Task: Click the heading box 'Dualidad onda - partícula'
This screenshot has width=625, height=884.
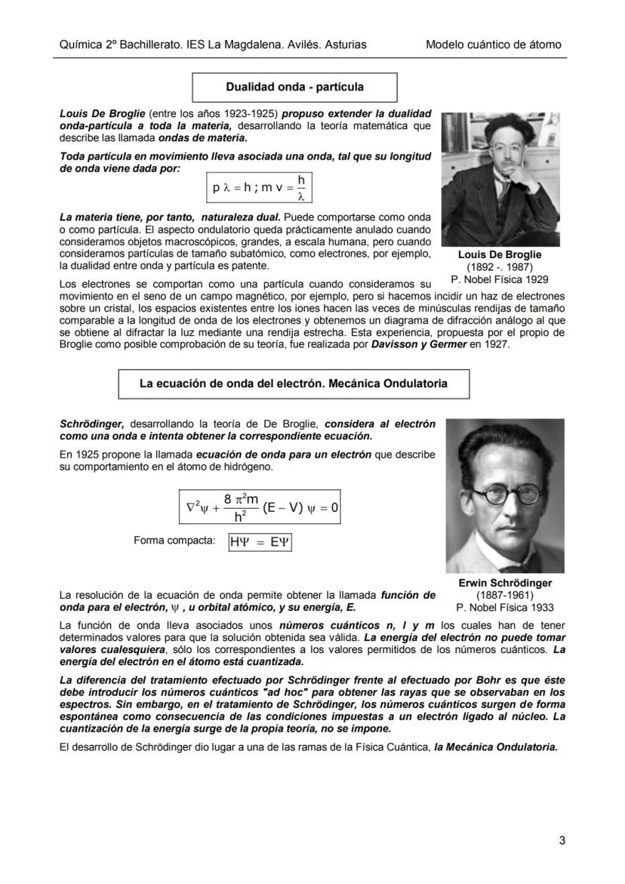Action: pyautogui.click(x=294, y=87)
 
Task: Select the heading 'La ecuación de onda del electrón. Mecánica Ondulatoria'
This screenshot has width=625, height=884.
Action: pyautogui.click(x=293, y=383)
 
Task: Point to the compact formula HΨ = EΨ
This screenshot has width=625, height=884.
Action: pyautogui.click(x=260, y=543)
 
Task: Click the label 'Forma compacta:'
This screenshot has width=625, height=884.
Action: pyautogui.click(x=174, y=541)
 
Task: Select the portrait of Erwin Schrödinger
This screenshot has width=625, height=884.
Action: pyautogui.click(x=504, y=495)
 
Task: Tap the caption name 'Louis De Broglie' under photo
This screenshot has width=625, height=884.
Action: pyautogui.click(x=499, y=255)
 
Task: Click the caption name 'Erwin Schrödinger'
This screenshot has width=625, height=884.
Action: pyautogui.click(x=504, y=583)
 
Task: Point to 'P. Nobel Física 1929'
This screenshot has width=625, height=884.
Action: pyautogui.click(x=499, y=279)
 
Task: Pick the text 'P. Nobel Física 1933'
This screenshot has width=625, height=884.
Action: pyautogui.click(x=504, y=607)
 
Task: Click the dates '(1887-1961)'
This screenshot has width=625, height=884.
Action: pyautogui.click(x=504, y=595)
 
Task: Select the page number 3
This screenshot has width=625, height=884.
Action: pyautogui.click(x=562, y=840)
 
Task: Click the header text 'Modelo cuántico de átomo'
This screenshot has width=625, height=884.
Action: pyautogui.click(x=493, y=45)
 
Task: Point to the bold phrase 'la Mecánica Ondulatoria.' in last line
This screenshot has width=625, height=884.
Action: pyautogui.click(x=496, y=747)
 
